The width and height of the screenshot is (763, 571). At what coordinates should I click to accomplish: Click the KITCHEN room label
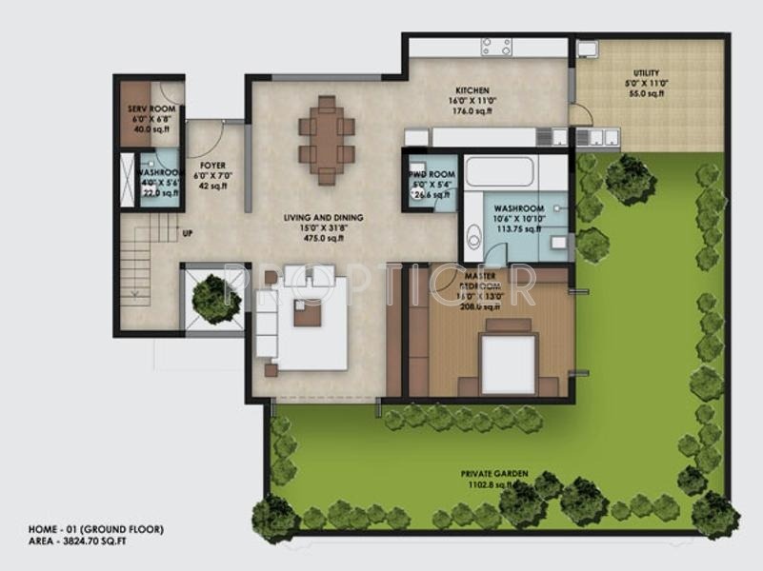tap(472, 85)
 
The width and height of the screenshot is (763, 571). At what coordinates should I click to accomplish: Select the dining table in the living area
tap(327, 140)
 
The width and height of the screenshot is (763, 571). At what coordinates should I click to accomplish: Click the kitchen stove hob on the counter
tap(495, 46)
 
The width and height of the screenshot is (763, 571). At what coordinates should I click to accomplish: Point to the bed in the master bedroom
tap(509, 360)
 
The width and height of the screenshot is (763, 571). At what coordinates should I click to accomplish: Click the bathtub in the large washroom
tap(499, 172)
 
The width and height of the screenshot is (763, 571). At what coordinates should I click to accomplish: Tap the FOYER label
tap(212, 166)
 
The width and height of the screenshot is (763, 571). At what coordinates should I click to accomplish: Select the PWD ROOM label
tap(426, 175)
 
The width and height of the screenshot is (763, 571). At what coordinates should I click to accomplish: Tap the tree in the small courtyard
tap(215, 298)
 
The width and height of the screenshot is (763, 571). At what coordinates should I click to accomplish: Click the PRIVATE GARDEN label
tap(494, 473)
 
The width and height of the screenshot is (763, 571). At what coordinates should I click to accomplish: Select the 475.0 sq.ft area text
tap(323, 240)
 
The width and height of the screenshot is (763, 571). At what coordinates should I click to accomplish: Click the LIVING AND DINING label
tap(323, 218)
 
